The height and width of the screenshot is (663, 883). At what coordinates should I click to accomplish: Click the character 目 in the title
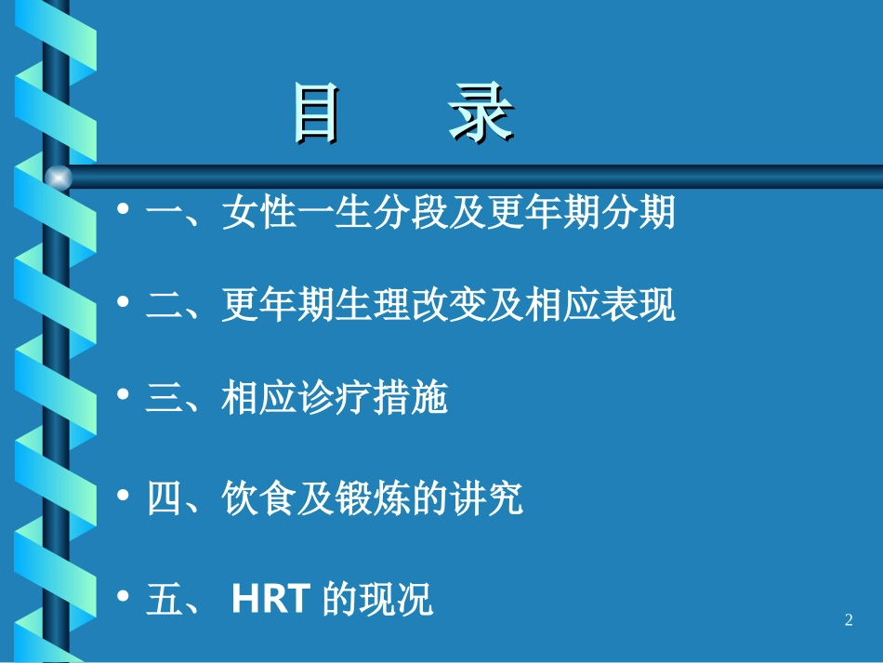pyautogui.click(x=315, y=114)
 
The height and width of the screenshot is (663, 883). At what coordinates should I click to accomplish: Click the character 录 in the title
pyautogui.click(x=481, y=114)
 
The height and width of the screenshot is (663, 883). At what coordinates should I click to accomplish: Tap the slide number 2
pyautogui.click(x=849, y=620)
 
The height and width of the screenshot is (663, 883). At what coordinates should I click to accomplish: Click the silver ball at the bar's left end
pyautogui.click(x=58, y=176)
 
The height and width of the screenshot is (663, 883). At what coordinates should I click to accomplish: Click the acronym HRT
pyautogui.click(x=270, y=600)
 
